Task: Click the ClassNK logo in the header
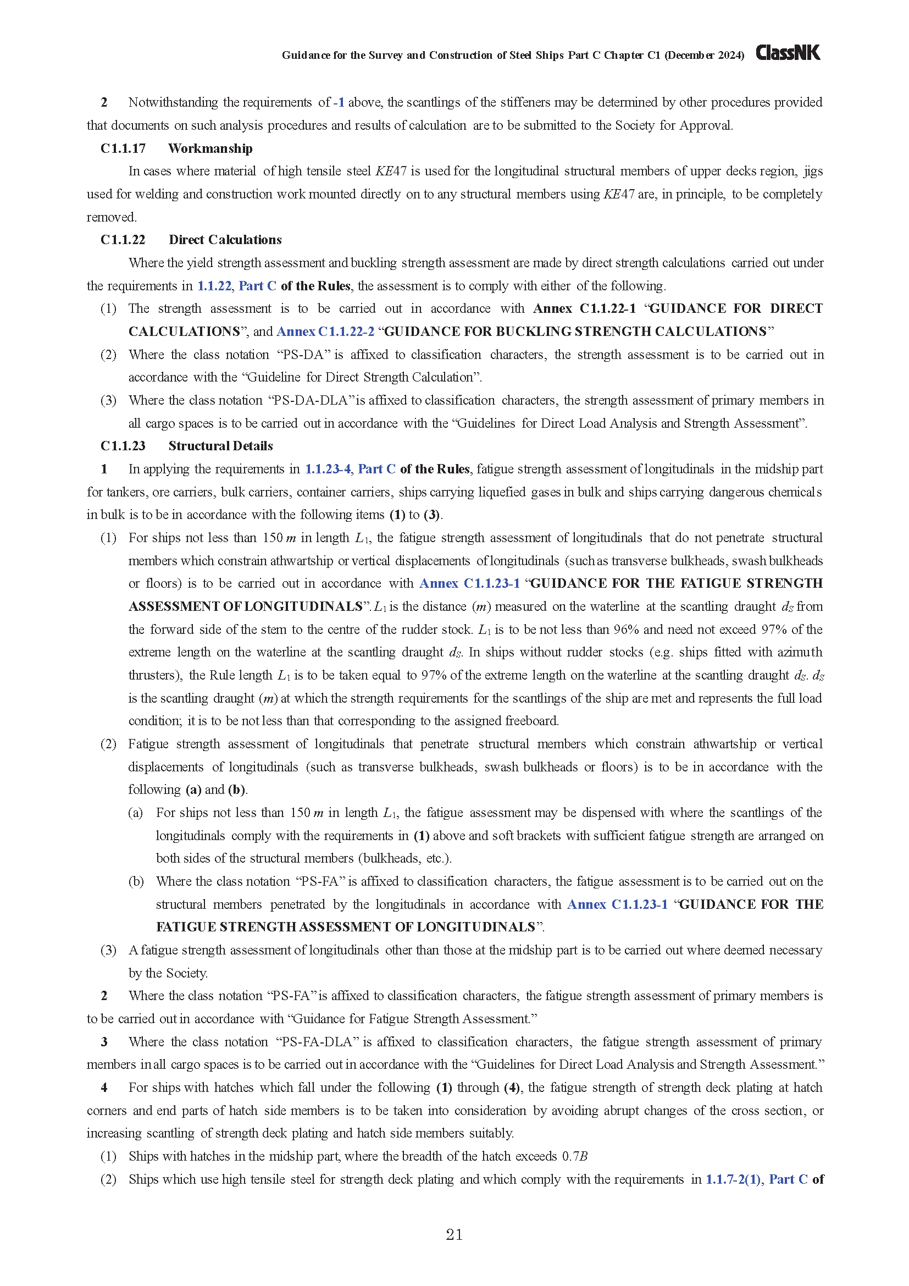pos(788,53)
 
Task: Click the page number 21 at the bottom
pos(454,1234)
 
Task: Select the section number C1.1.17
pos(123,148)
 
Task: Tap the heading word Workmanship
pos(210,148)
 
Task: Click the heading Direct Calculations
pos(225,240)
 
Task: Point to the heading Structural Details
pos(220,446)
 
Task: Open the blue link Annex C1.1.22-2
pos(325,332)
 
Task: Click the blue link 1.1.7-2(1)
pos(733,1179)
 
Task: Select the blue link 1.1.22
pos(214,286)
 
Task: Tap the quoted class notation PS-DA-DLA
pos(312,400)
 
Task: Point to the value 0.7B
pos(575,1156)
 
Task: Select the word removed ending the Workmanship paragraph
pos(111,217)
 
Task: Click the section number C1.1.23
pos(123,446)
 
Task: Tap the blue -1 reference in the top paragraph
pos(339,102)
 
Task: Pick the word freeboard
pos(531,721)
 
